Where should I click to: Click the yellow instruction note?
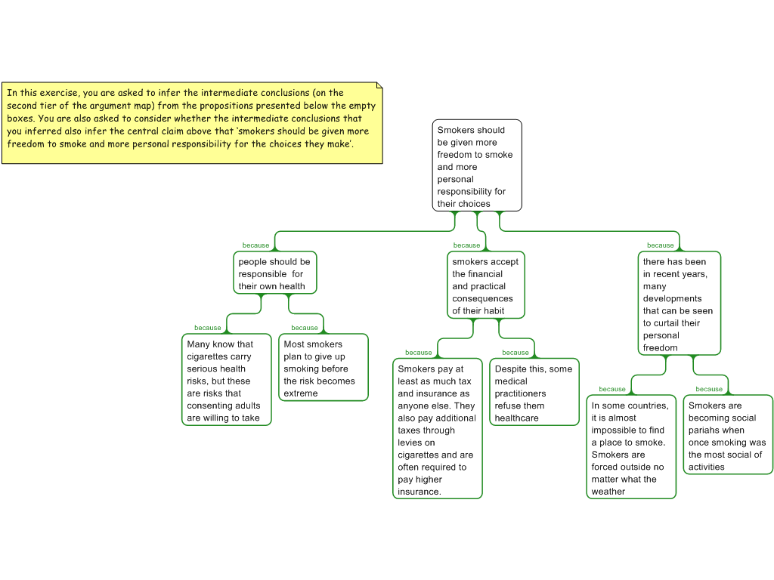pyautogui.click(x=192, y=122)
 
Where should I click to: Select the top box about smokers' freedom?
pyautogui.click(x=477, y=165)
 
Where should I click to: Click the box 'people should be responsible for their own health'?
pyautogui.click(x=274, y=273)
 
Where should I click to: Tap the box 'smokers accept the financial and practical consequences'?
pyautogui.click(x=485, y=285)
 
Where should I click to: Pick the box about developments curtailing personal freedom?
pyautogui.click(x=679, y=304)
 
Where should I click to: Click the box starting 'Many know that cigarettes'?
pyautogui.click(x=226, y=380)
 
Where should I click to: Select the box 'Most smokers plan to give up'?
pyautogui.click(x=323, y=367)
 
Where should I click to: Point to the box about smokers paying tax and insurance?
pyautogui.click(x=438, y=428)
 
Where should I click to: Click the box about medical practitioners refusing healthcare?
pyautogui.click(x=534, y=392)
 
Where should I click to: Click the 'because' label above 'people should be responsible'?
pyautogui.click(x=255, y=245)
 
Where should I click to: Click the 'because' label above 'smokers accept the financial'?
pyautogui.click(x=466, y=245)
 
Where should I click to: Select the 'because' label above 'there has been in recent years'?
pyautogui.click(x=660, y=245)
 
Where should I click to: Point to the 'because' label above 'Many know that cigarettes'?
pyautogui.click(x=207, y=328)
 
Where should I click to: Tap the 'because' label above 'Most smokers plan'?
pyautogui.click(x=304, y=328)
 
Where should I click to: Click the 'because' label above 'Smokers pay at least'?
pyautogui.click(x=418, y=353)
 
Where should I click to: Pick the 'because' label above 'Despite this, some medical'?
pyautogui.click(x=515, y=353)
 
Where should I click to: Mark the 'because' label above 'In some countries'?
pyautogui.click(x=612, y=390)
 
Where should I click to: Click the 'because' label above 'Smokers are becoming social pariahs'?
pyautogui.click(x=709, y=390)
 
